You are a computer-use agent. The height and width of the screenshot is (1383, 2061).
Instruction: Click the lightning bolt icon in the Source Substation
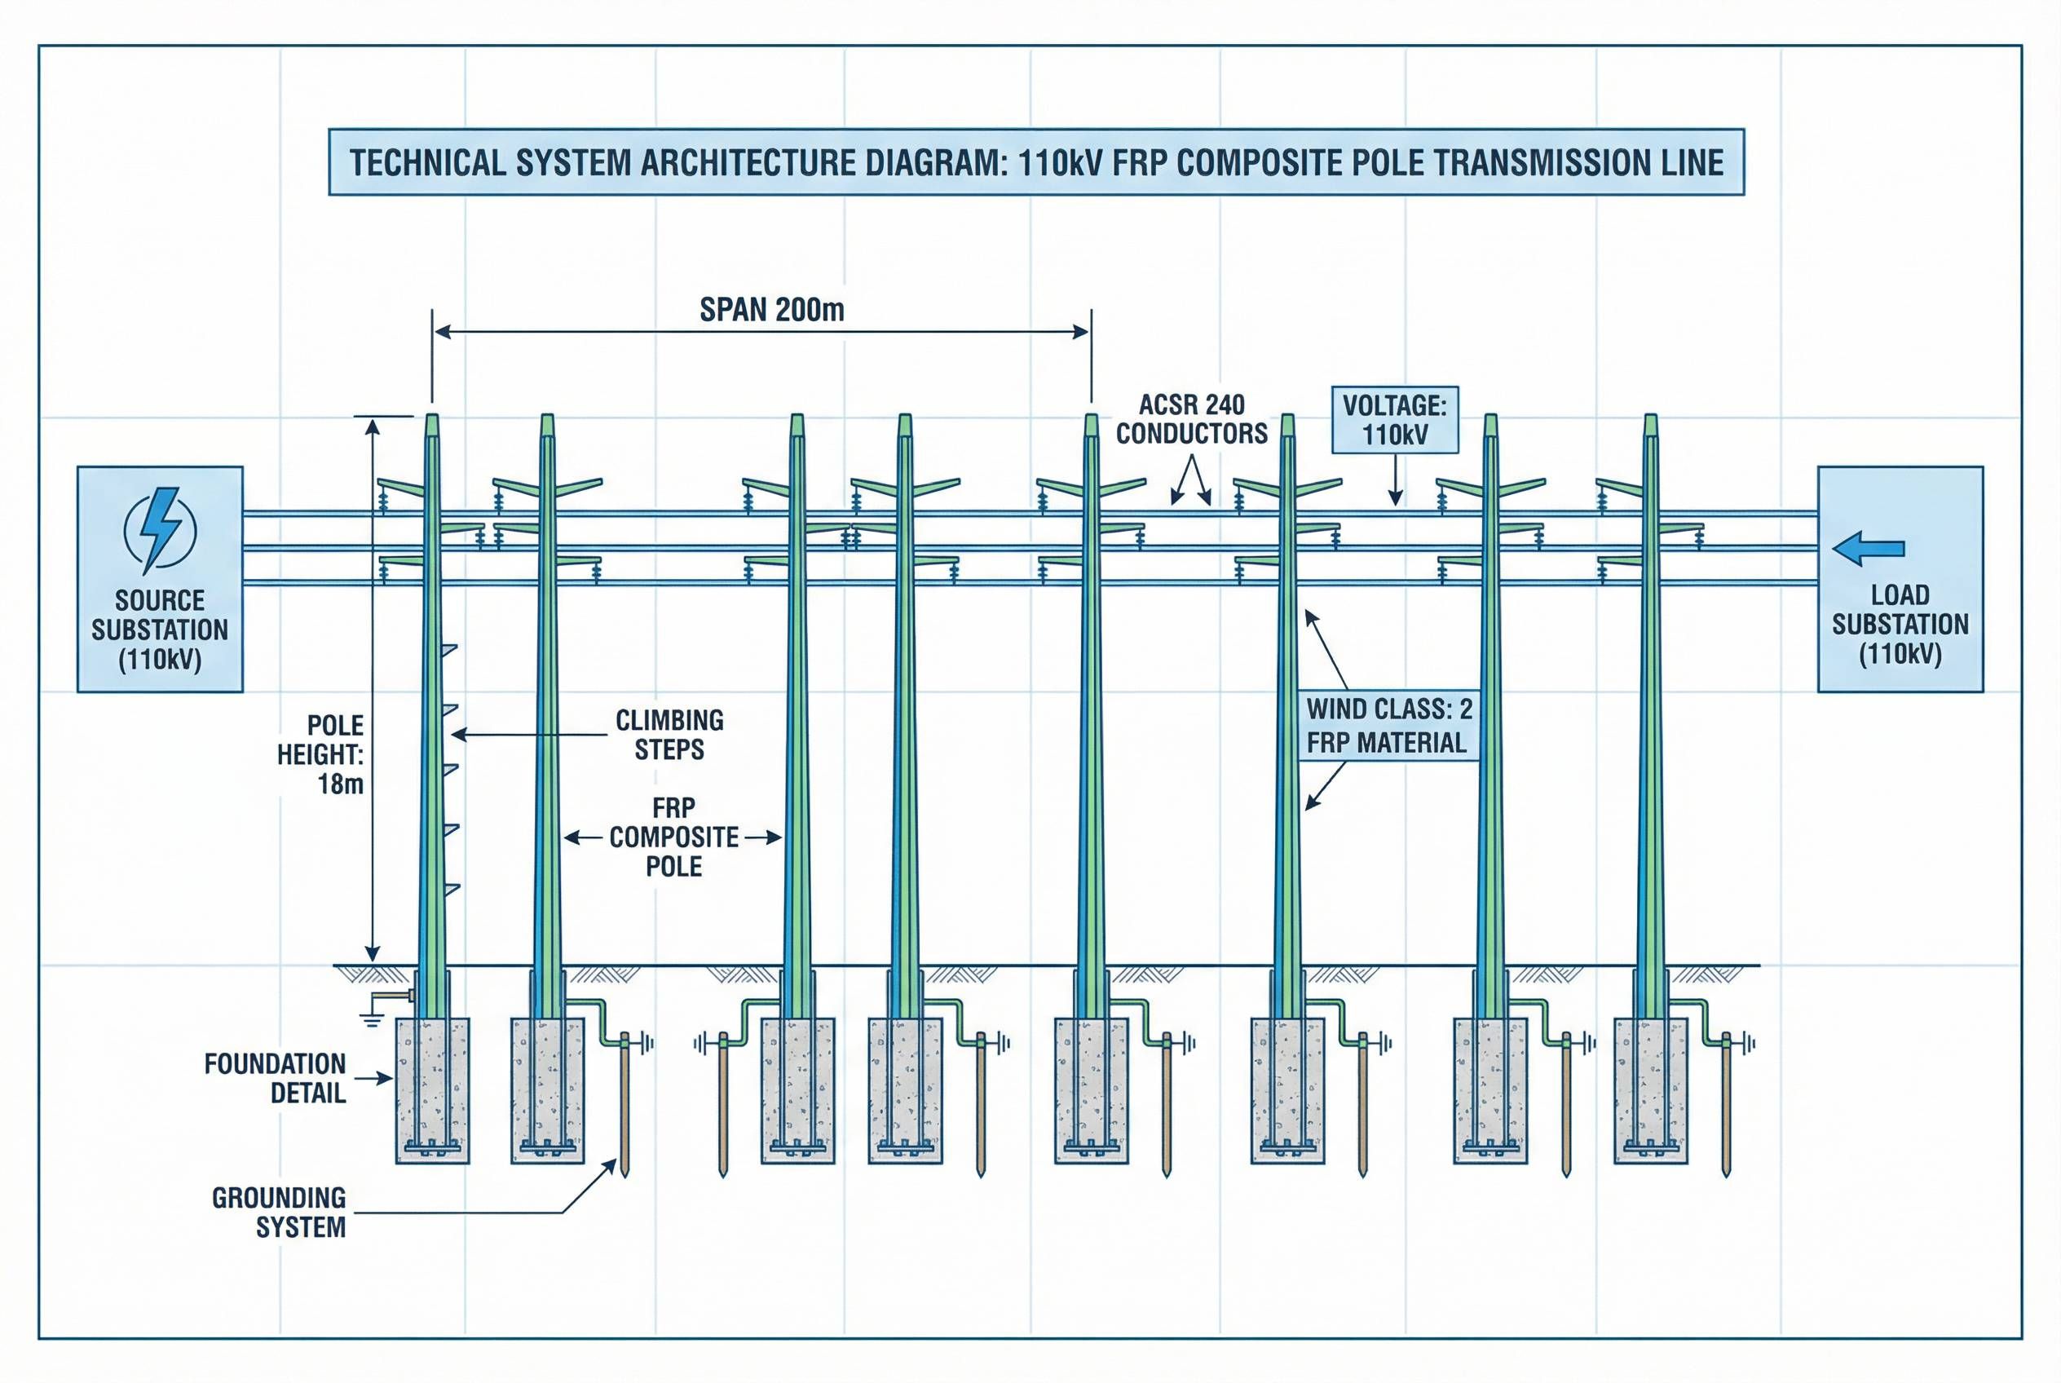tap(160, 529)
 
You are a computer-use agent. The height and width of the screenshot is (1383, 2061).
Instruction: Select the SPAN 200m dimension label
tap(772, 311)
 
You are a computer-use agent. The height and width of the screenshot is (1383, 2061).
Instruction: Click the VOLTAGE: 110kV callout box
tap(1394, 420)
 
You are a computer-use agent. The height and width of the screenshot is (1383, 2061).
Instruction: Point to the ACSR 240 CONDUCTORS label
tap(1191, 419)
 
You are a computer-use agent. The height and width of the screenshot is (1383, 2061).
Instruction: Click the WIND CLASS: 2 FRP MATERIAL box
tap(1388, 726)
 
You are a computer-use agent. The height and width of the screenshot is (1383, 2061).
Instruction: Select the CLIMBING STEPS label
tap(669, 735)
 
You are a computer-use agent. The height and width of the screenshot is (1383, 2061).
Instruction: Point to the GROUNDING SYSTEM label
tap(280, 1212)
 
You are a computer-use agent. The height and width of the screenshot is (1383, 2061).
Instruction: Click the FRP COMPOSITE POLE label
tap(673, 837)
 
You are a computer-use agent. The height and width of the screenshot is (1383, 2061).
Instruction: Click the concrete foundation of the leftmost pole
tap(432, 1090)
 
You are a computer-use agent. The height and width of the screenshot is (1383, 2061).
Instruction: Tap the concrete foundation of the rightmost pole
tap(1651, 1090)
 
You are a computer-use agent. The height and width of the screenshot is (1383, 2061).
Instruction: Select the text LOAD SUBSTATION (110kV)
tap(1900, 625)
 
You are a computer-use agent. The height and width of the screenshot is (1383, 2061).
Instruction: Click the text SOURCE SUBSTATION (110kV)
tap(160, 630)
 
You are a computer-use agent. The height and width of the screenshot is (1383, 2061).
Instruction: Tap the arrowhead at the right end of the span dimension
tap(1080, 332)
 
